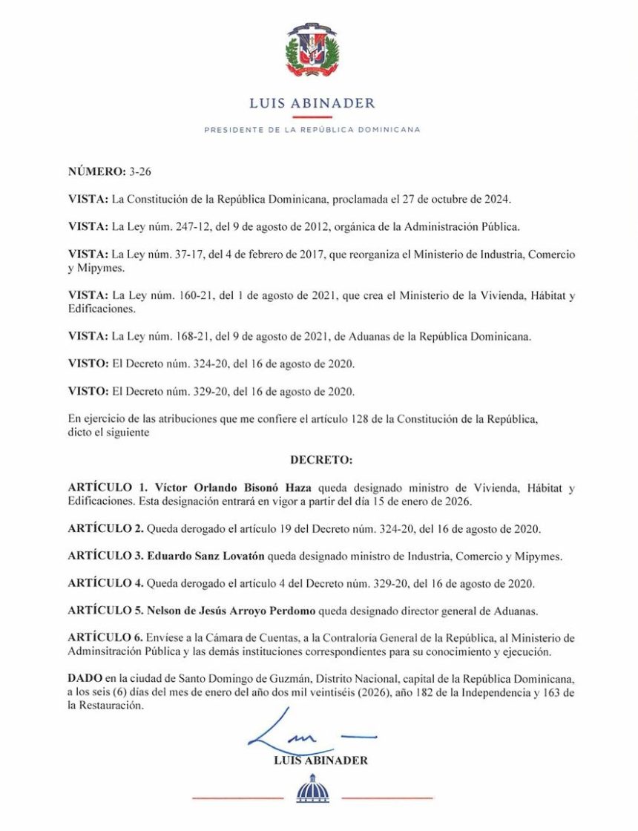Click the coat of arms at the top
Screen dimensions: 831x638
click(x=312, y=50)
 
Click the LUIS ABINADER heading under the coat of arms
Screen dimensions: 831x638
click(x=312, y=103)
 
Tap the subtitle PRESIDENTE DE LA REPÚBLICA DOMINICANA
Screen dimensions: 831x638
click(x=312, y=129)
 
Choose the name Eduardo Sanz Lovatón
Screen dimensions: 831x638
click(x=209, y=556)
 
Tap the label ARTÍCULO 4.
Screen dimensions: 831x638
click(x=105, y=584)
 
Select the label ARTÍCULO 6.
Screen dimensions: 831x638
click(x=105, y=638)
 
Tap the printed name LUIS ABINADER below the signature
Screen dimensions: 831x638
click(x=320, y=761)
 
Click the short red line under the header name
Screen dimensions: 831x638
click(x=312, y=116)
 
